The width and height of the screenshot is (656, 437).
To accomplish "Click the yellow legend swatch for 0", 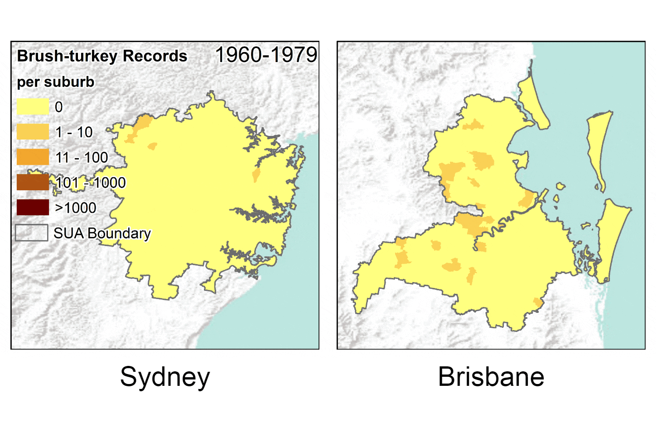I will click(33, 107).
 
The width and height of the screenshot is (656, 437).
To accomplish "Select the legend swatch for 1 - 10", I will click(33, 132).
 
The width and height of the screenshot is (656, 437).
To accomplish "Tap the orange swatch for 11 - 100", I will click(33, 157).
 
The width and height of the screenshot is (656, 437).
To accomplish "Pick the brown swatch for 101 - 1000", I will click(33, 182).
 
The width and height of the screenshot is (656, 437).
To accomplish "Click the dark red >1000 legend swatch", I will click(33, 207).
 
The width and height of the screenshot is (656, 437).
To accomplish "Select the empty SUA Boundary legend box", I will click(32, 233).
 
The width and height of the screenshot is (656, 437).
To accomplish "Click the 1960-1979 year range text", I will click(266, 55).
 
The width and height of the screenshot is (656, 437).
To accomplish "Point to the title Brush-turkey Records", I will click(102, 56).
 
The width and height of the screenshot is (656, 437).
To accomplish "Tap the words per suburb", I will click(55, 82).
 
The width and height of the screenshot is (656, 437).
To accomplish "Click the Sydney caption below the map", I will click(165, 377).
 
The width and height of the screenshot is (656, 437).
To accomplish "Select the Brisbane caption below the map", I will click(491, 377).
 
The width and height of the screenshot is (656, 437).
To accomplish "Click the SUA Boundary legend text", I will click(102, 233).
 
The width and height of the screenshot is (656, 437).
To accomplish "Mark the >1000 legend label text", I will click(75, 208).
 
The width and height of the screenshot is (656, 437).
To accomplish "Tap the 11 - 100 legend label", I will click(82, 158).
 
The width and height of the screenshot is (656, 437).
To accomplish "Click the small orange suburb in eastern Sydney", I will click(256, 175).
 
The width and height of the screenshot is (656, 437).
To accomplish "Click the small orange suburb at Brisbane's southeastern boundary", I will click(538, 303).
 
